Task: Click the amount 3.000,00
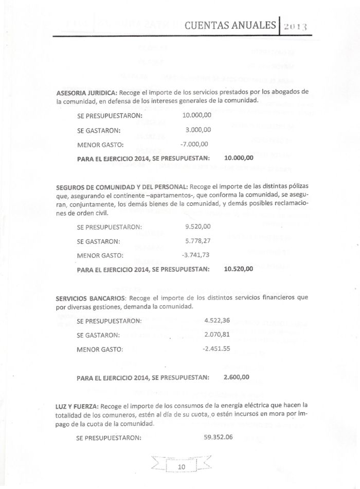tap(198, 130)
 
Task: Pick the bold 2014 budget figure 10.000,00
tap(239, 158)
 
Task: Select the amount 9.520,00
tap(197, 226)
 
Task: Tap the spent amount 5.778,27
tap(197, 240)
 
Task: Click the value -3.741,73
tap(196, 255)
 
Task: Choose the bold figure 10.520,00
tap(239, 269)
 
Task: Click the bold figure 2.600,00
tap(237, 377)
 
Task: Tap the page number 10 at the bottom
tap(181, 467)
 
